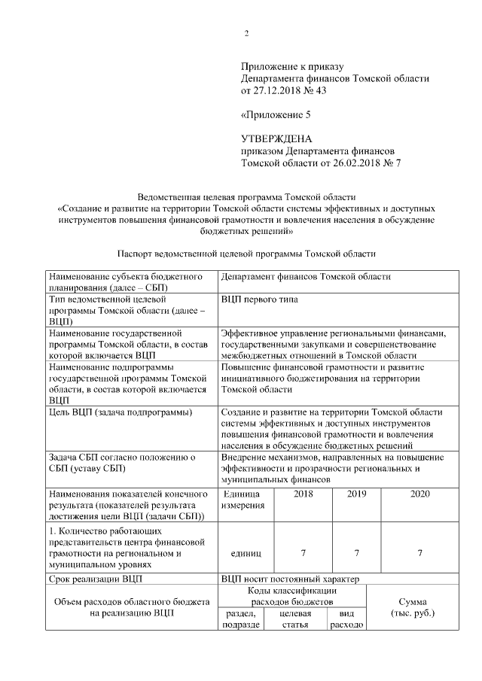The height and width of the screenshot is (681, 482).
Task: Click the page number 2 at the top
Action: (x=246, y=32)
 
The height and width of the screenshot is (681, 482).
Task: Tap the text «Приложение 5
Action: (x=275, y=115)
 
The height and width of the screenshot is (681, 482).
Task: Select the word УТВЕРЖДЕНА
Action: (x=276, y=139)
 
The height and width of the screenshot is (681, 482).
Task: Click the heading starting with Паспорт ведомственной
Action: (x=246, y=254)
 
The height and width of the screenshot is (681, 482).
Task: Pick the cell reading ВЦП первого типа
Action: (x=259, y=299)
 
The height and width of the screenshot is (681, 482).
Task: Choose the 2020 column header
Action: (x=419, y=494)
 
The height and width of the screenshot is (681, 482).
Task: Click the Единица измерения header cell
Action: (x=243, y=500)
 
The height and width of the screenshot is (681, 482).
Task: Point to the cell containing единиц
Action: (x=243, y=553)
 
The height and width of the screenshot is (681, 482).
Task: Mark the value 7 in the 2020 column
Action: (x=419, y=553)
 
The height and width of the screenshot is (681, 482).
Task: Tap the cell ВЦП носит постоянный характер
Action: (x=290, y=579)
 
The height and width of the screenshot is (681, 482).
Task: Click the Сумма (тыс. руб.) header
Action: (x=414, y=608)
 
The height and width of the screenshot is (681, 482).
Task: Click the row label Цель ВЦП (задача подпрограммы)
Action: (x=120, y=412)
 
